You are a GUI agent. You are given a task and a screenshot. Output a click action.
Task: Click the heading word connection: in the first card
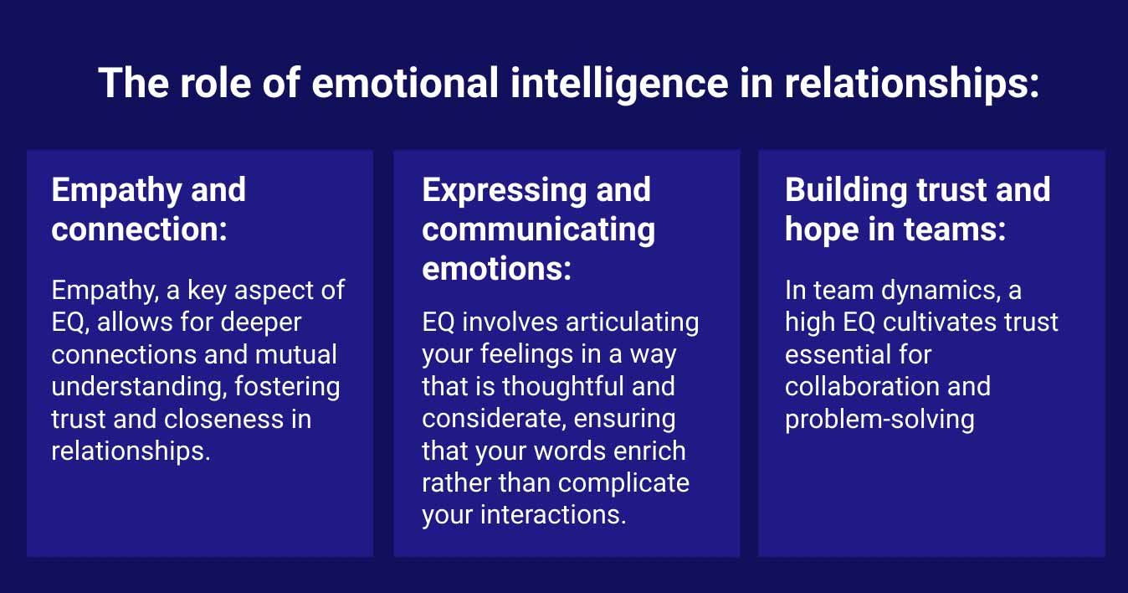coord(139,229)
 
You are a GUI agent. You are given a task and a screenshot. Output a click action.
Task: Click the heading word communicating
coord(538,229)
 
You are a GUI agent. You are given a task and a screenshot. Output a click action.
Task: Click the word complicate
coord(623,483)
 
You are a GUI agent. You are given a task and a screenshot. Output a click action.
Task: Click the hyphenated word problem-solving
coord(879,419)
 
